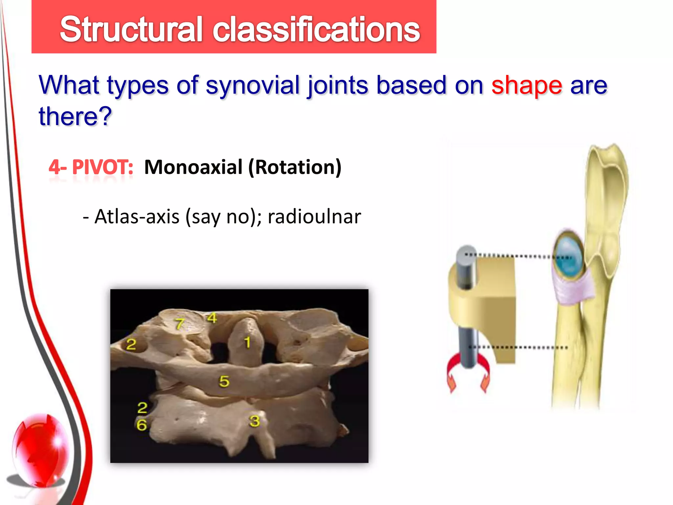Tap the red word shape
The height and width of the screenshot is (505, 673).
[526, 85]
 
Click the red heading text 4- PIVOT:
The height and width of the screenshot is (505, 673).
[91, 167]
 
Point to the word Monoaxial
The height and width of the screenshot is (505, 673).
[193, 167]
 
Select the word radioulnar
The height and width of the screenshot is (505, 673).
[314, 217]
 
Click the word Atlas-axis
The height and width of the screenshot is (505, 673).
[137, 217]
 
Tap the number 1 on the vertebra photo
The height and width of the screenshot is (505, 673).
[247, 342]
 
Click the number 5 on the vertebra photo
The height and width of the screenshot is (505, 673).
[224, 381]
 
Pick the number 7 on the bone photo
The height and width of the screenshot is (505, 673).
[179, 324]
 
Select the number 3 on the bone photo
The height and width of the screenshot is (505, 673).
[254, 421]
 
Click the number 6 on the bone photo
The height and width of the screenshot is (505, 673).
[142, 425]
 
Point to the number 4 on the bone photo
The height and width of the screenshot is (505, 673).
[212, 318]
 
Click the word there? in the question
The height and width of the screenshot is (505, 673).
[75, 117]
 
